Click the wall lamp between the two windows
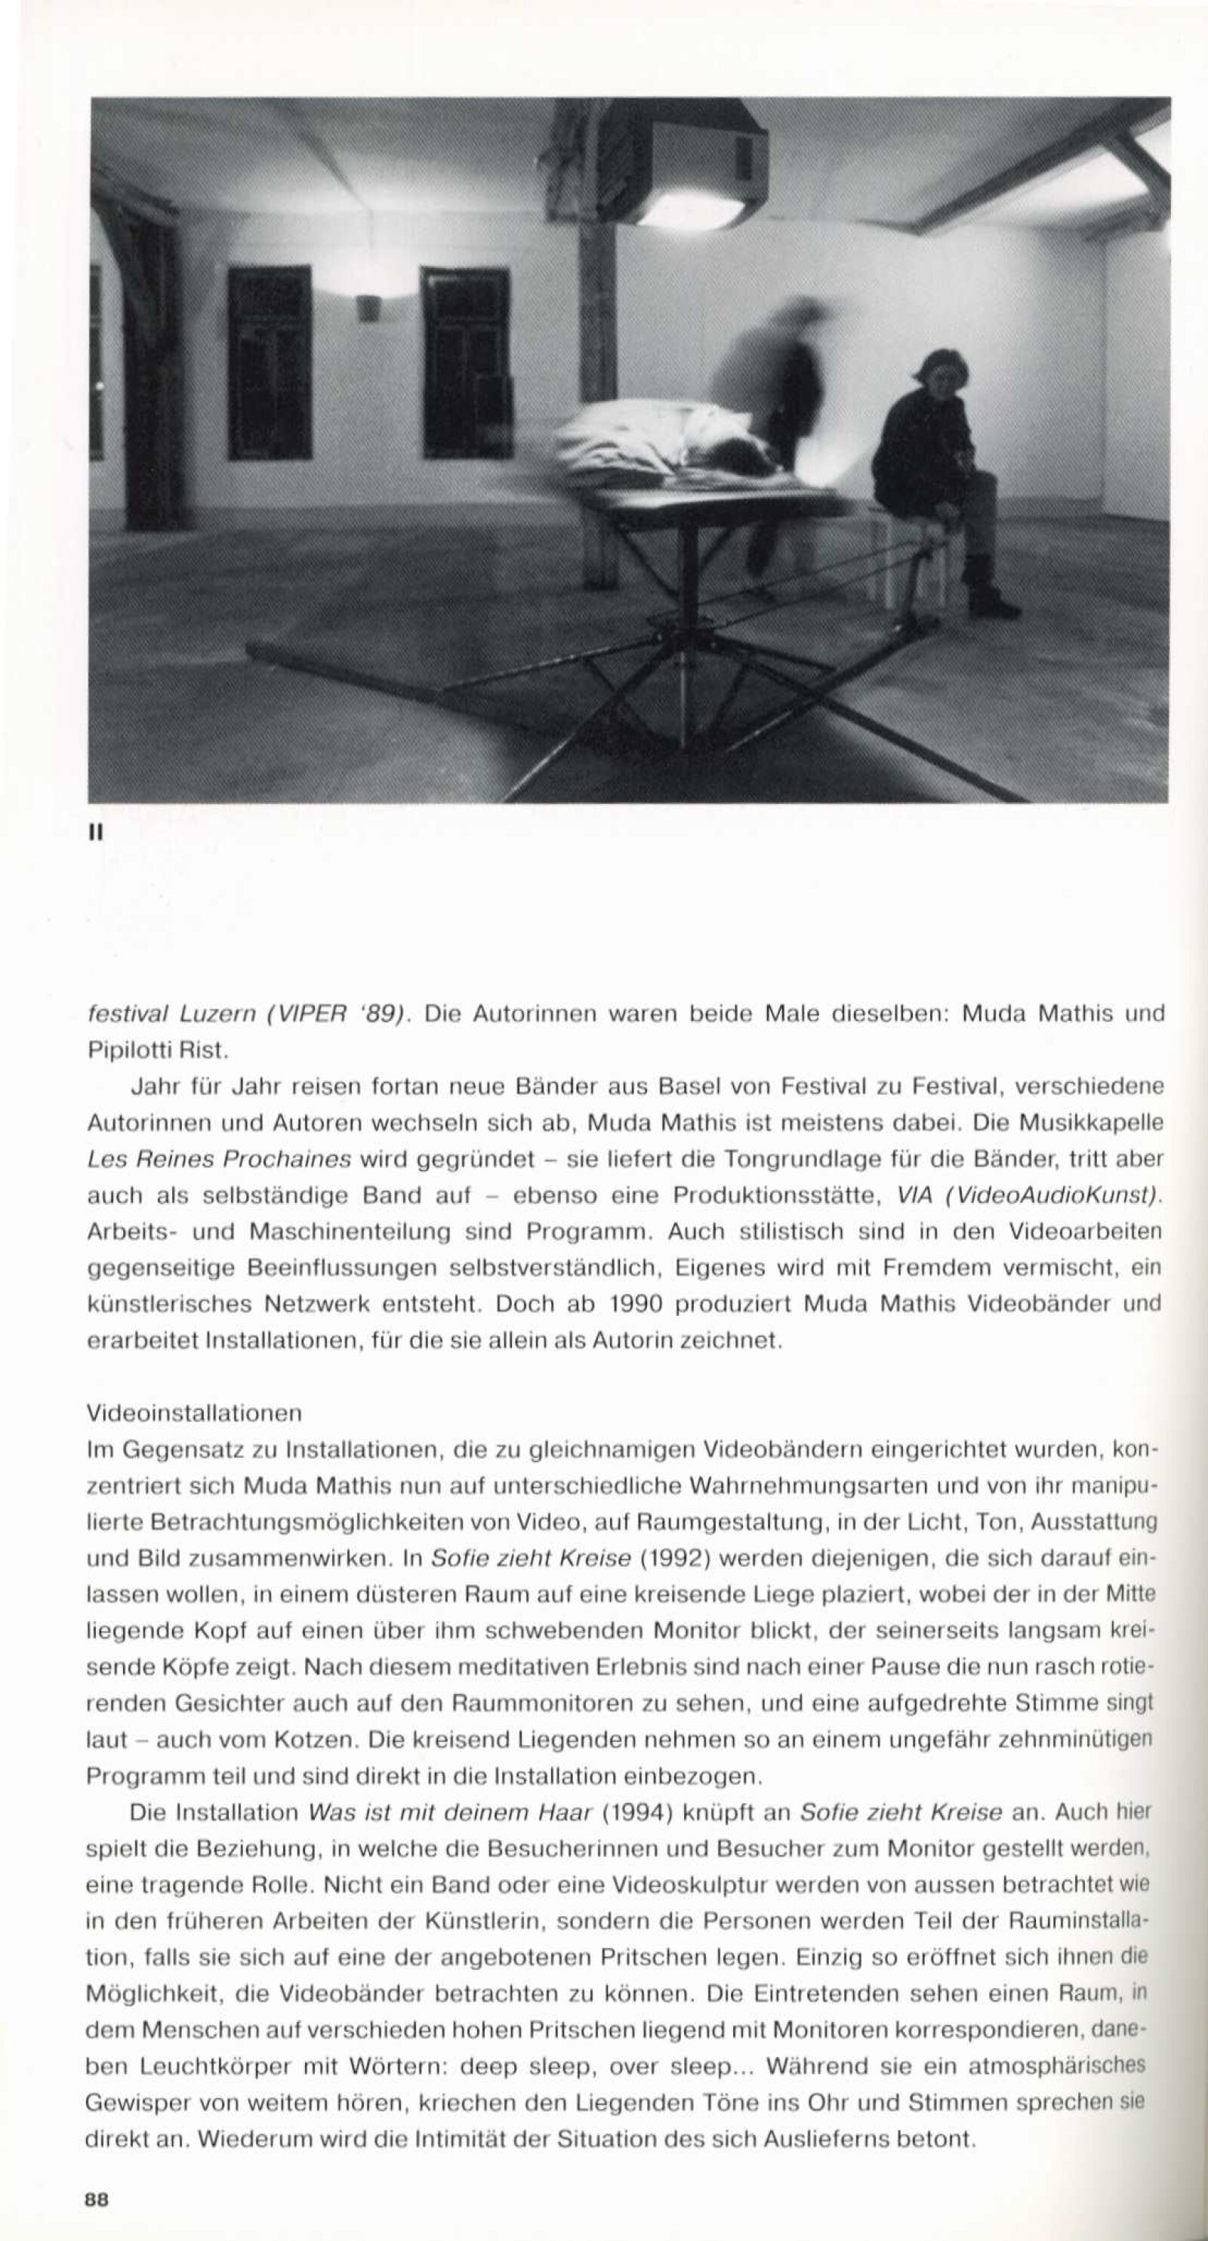tap(368, 307)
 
